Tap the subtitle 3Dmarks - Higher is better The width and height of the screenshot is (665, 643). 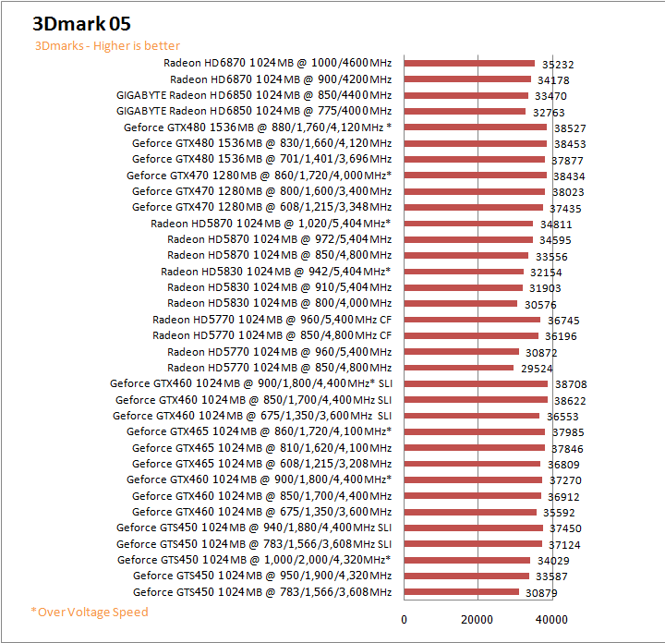[x=107, y=45]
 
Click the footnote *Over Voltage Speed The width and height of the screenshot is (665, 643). [x=89, y=612]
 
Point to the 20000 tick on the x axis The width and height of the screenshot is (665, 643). [x=477, y=619]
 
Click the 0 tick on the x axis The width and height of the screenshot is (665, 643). [x=405, y=619]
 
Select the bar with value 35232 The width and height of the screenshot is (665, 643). [x=469, y=63]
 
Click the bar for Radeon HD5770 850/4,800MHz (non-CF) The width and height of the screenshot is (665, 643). [x=459, y=368]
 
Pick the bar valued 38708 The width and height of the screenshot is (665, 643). [x=476, y=383]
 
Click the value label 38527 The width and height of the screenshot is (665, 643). [x=569, y=128]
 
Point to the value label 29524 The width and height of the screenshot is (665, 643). [x=537, y=369]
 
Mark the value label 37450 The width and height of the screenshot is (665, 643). [x=565, y=528]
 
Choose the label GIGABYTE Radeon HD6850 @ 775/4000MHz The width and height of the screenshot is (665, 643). [x=254, y=111]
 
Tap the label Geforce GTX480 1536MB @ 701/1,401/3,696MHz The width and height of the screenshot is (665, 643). [x=261, y=159]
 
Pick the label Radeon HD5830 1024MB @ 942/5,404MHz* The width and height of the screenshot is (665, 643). [x=275, y=272]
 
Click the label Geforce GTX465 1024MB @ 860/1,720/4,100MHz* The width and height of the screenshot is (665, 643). [x=259, y=431]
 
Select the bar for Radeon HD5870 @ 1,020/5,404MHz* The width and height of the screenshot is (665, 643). [x=468, y=223]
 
